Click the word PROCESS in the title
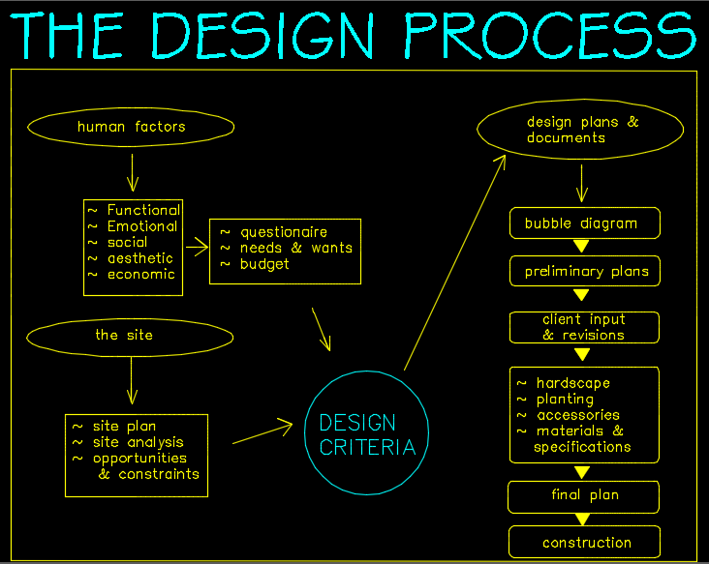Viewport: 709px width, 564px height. coord(550,35)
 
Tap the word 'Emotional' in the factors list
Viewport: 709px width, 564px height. coord(142,226)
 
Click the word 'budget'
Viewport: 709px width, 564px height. coord(264,264)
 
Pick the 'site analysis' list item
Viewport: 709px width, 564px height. coord(139,442)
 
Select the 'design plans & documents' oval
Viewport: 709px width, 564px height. coord(580,101)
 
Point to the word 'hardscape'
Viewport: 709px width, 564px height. coord(572,383)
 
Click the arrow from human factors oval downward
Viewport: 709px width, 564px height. coord(133,173)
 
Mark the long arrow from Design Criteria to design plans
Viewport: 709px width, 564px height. coord(455,262)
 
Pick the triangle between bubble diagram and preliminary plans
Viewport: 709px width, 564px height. coord(581,246)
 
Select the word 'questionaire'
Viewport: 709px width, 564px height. coord(284,232)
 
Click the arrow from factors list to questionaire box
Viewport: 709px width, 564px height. coord(198,247)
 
